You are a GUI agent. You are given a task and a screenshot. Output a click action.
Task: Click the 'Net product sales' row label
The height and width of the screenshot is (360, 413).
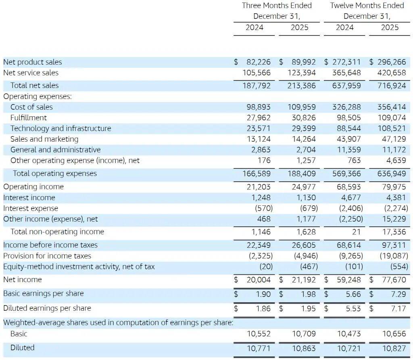[33, 62]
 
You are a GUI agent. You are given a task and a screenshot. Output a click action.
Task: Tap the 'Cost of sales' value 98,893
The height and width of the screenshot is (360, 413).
[259, 107]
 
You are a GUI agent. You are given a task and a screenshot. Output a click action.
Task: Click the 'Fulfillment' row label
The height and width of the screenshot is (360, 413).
[29, 118]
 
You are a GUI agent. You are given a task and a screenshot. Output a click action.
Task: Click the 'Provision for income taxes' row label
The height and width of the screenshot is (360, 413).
[47, 256]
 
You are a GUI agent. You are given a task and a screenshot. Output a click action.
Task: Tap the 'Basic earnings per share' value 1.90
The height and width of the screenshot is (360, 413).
[263, 294]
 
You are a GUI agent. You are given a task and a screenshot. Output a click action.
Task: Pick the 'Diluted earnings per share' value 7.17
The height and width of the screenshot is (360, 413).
[398, 309]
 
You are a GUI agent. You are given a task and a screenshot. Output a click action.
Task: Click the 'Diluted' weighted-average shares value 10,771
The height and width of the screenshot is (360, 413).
[259, 348]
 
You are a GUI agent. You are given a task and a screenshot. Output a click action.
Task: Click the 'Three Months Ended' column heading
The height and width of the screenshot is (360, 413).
[277, 6]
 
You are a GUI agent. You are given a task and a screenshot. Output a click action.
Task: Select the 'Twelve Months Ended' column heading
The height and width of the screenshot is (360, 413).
[367, 6]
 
